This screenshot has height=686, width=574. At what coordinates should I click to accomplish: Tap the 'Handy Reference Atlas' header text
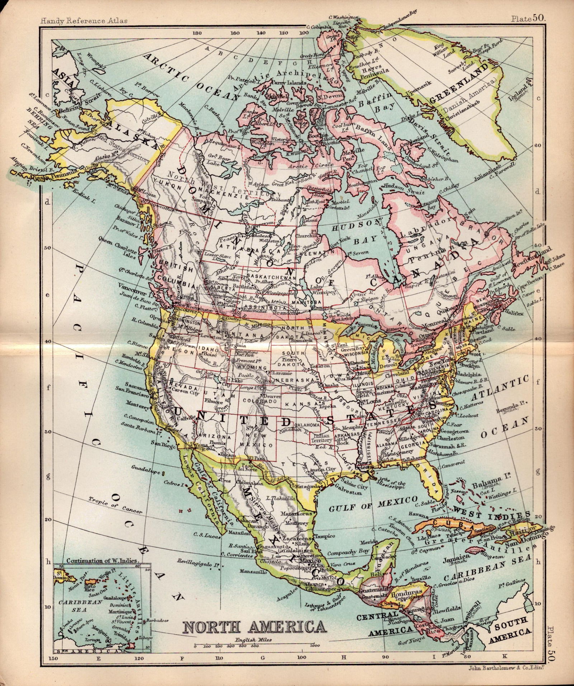click(84, 21)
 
